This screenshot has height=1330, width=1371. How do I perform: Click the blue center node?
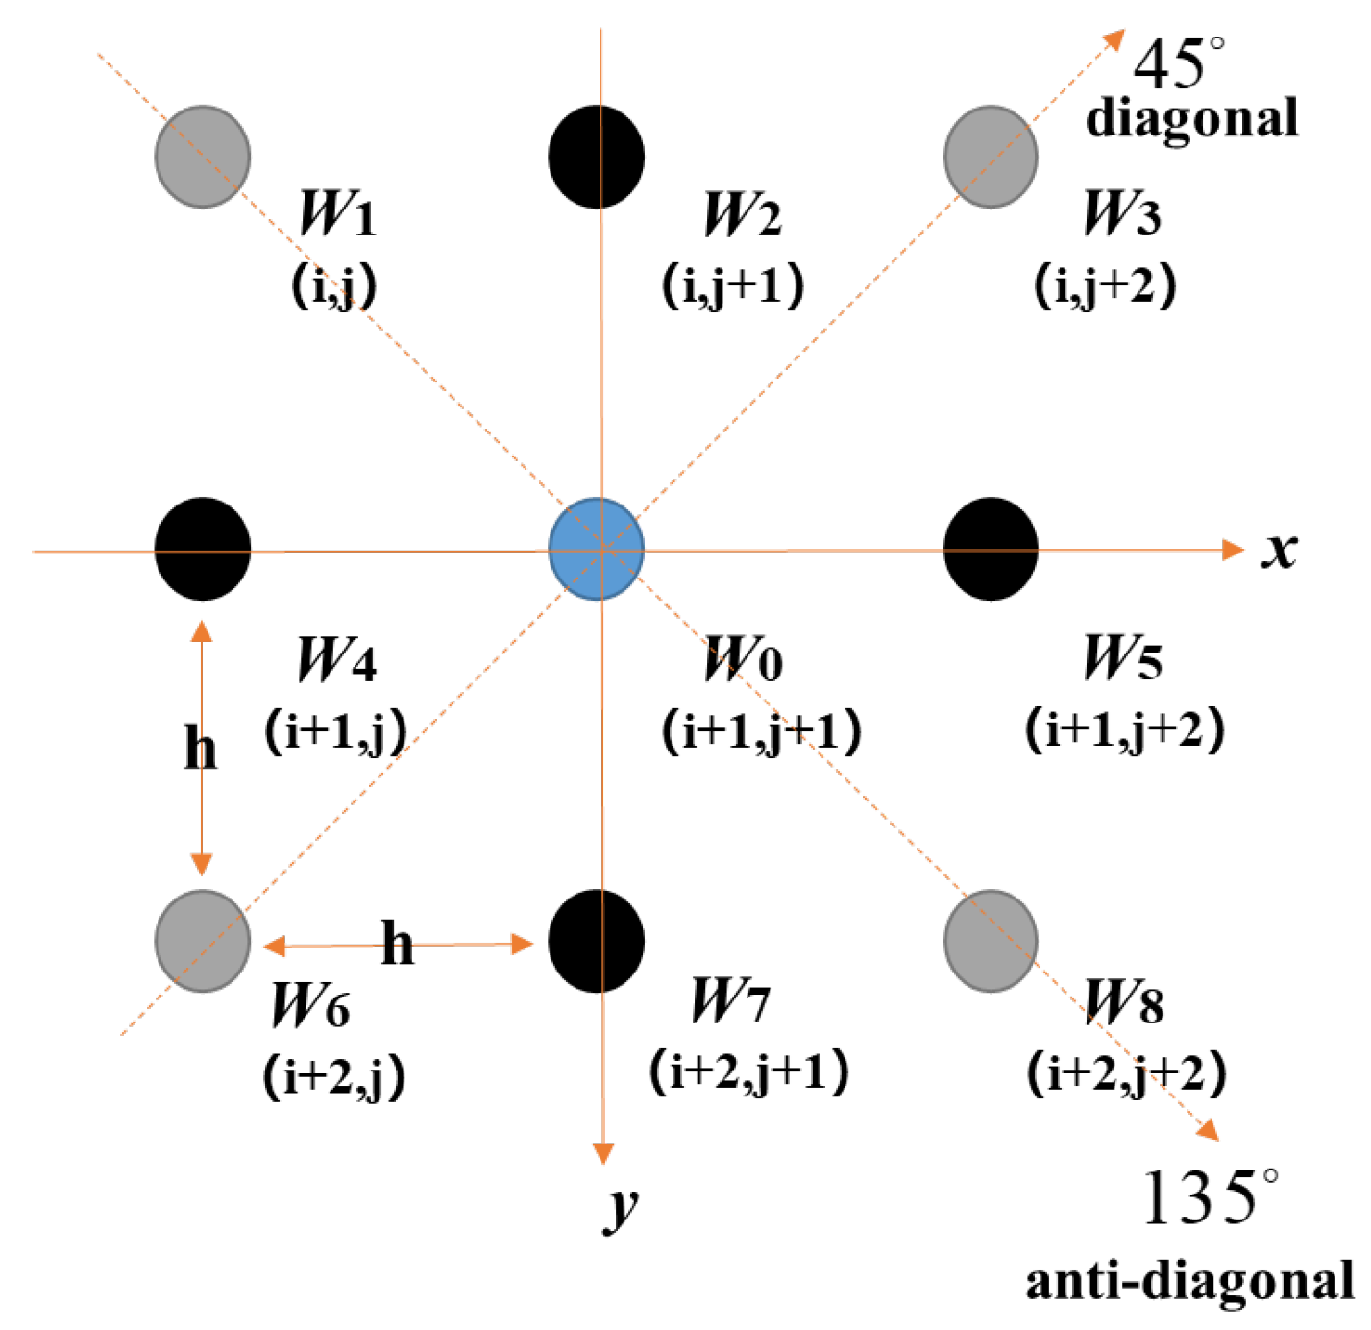click(596, 549)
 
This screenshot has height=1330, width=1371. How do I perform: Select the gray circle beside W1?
click(203, 157)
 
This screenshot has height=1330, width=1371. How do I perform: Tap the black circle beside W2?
click(596, 157)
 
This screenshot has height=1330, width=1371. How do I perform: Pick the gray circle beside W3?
click(991, 157)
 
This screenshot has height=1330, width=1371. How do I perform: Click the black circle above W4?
click(203, 549)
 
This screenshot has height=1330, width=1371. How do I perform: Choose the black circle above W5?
click(991, 549)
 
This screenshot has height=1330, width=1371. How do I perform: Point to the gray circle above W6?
click(203, 941)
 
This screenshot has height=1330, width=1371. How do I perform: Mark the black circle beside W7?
click(596, 941)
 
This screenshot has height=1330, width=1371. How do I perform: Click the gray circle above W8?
click(991, 941)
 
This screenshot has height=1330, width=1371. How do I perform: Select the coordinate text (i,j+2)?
click(1105, 285)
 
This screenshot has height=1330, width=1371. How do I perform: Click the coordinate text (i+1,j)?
click(335, 732)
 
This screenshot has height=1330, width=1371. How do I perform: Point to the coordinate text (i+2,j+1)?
click(749, 1071)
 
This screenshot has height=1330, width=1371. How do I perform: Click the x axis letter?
click(1279, 551)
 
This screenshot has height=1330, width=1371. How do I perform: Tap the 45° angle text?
click(1178, 64)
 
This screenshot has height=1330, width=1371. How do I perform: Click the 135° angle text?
click(1210, 1197)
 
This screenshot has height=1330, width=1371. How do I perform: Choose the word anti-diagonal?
click(1189, 1281)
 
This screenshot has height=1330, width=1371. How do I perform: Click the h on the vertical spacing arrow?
click(200, 748)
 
